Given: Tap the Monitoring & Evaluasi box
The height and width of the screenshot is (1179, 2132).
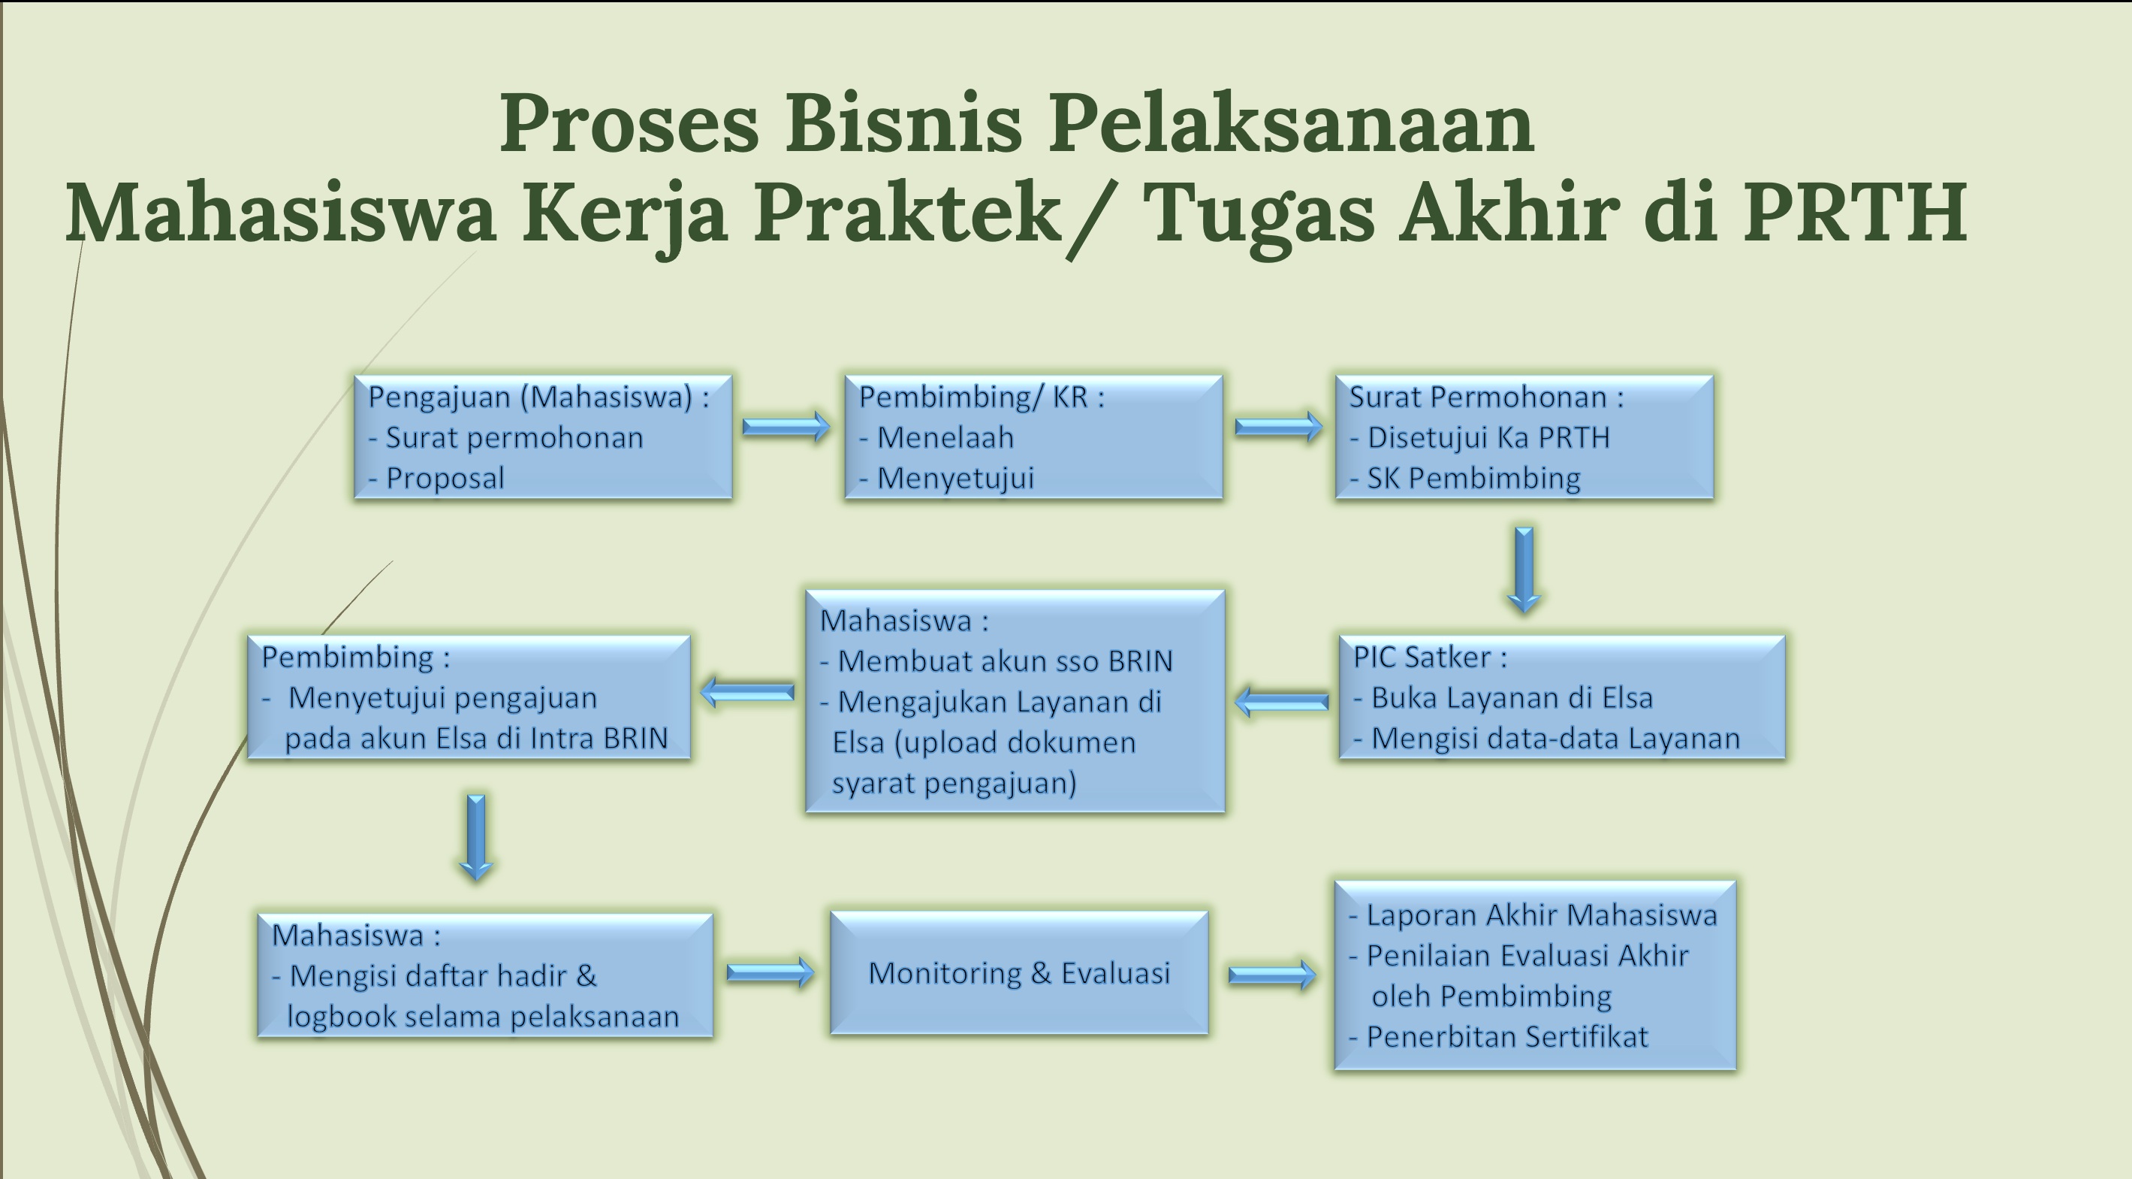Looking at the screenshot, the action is (1019, 973).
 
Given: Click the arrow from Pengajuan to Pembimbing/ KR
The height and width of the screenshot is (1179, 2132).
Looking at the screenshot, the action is (786, 428).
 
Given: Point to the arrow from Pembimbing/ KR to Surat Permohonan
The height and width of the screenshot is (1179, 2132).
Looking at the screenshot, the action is (1279, 428).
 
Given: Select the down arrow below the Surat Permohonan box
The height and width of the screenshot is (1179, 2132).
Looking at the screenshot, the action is (1524, 570).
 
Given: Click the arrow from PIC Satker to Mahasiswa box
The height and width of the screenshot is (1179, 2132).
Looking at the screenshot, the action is (1281, 702).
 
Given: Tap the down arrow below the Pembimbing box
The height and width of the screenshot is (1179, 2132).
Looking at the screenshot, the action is (476, 837).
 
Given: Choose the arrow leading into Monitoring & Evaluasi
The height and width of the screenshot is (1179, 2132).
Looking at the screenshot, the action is (770, 972).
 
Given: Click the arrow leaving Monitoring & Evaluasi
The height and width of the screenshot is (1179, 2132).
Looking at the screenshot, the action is (1271, 975).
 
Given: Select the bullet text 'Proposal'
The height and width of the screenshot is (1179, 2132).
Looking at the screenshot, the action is (436, 478).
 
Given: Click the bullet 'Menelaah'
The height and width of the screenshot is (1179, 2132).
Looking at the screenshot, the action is (936, 437).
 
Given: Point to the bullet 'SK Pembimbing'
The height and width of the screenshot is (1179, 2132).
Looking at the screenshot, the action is (1465, 478).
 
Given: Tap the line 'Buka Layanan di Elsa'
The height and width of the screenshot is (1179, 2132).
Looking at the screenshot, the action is (1503, 698).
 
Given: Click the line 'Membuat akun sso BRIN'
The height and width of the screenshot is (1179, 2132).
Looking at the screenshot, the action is (997, 661).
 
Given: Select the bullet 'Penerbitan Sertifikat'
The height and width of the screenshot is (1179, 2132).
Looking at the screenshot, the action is (1498, 1036).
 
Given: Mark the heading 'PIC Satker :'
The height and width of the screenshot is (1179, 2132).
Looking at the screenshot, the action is (1430, 658).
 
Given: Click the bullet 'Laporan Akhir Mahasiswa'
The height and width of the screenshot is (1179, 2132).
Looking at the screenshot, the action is (1533, 915).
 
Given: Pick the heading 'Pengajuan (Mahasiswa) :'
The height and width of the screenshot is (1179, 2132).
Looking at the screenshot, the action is (538, 398).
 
